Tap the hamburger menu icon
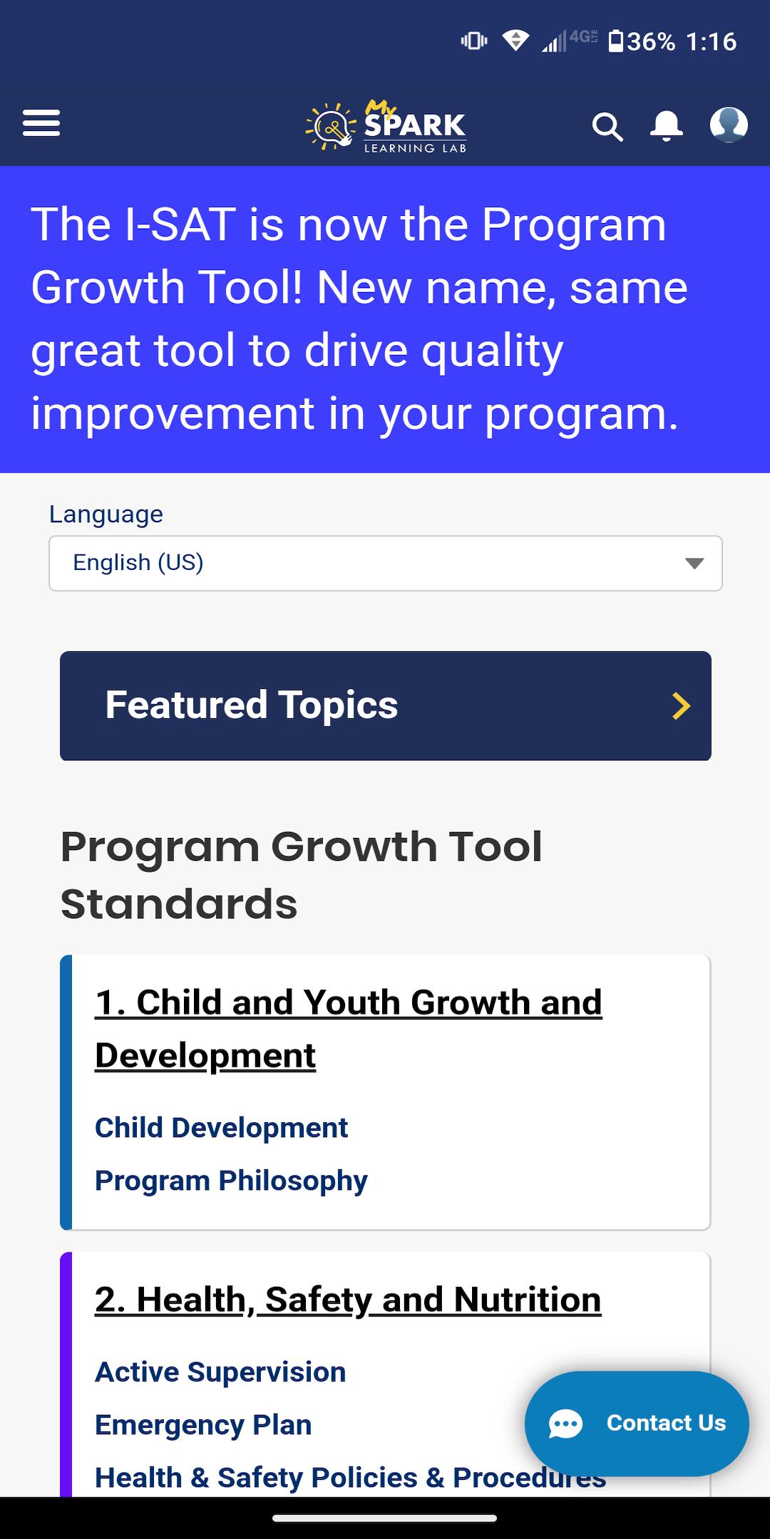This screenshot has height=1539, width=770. coord(41,123)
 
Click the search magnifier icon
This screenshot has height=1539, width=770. coord(607,127)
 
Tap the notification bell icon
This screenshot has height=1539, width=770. coord(667,126)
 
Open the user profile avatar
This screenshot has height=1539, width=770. coord(729,125)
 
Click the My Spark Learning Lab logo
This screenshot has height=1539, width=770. coord(386,125)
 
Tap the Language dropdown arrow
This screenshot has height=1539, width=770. coord(694,564)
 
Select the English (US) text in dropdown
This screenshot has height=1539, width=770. coord(138,562)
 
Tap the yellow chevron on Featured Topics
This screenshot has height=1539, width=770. coord(682,706)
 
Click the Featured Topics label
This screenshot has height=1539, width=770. coord(252,705)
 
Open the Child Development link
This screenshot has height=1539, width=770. coord(221,1128)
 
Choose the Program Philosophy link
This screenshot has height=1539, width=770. coord(231,1181)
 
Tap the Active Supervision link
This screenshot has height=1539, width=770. coord(220,1372)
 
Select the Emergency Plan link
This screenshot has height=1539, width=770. coord(203,1425)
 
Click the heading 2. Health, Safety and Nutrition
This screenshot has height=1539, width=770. coord(348,1300)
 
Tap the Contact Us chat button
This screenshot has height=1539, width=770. coord(637,1424)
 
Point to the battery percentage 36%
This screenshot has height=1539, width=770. coord(651,41)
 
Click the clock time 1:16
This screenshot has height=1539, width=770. coord(711,41)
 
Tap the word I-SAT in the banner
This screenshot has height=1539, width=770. coord(180,224)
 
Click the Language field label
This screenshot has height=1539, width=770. coord(106,514)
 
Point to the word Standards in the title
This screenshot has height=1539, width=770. coord(179,904)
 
